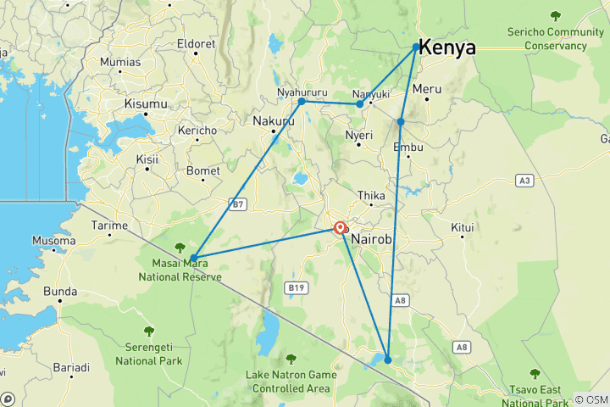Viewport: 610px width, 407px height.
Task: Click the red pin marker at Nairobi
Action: pos(340,228)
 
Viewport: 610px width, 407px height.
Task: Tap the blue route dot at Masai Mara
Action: pos(194,258)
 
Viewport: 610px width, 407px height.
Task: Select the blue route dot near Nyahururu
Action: pos(302,102)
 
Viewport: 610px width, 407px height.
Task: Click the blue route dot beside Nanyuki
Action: pos(360,104)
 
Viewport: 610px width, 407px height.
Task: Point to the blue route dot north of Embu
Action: pos(401,122)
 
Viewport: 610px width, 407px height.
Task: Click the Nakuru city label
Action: pos(273,121)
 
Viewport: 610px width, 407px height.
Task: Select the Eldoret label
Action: pos(197,43)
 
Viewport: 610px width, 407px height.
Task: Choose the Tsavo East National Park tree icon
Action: pos(535,373)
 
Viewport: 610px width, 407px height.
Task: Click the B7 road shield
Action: pos(238,204)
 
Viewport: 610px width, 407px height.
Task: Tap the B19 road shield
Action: pos(296,288)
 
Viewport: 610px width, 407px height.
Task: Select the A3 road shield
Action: pos(525,181)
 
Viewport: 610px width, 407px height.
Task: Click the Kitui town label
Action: pos(462,227)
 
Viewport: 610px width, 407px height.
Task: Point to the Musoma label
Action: pos(54,241)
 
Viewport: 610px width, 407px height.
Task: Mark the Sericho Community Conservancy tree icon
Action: pos(555,15)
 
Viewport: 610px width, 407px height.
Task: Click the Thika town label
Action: pos(371,194)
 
